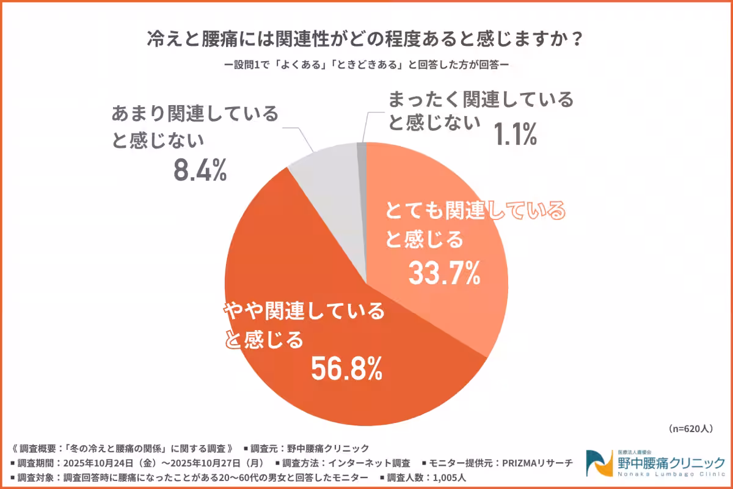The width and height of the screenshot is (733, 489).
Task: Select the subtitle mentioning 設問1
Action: [x=366, y=64]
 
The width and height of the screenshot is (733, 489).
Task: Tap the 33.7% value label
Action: [x=444, y=274]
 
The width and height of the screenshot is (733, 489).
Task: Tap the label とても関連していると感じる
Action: [x=474, y=224]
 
